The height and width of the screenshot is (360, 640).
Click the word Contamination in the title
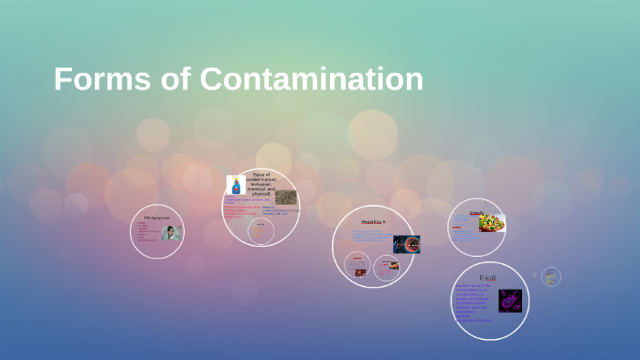[x=311, y=79]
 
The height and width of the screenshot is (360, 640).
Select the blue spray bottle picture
[x=235, y=185]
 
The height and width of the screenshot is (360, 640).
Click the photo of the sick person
[x=170, y=232]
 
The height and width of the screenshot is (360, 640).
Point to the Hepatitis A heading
[x=373, y=222]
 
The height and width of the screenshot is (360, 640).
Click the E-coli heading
[x=487, y=277]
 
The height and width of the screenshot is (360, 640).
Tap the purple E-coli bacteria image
[x=509, y=301]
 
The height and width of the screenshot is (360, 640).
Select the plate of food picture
[x=492, y=223]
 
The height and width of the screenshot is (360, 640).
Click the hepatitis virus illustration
[x=406, y=244]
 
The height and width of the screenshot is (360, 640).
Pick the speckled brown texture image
[x=285, y=196]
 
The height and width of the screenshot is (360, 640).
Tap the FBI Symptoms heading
[x=156, y=217]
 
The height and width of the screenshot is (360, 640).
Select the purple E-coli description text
[x=474, y=302]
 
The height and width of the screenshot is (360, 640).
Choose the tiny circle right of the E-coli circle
[x=549, y=276]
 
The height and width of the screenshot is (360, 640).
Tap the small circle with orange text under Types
[x=261, y=228]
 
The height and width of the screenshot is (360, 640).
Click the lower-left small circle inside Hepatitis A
[x=357, y=265]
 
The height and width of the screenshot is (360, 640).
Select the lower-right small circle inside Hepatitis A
[x=390, y=266]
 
